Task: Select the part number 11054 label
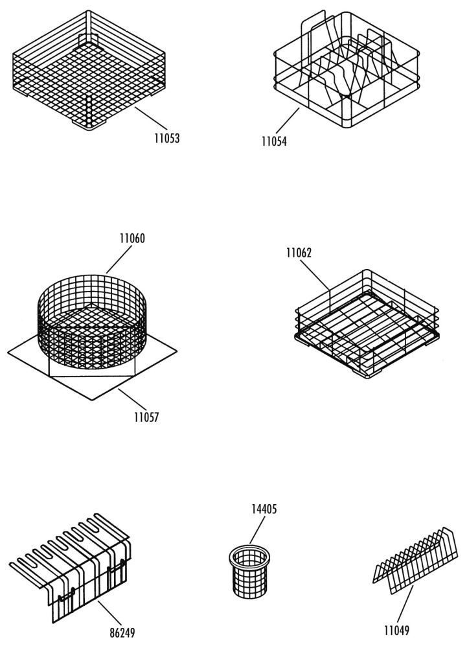click(x=274, y=141)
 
